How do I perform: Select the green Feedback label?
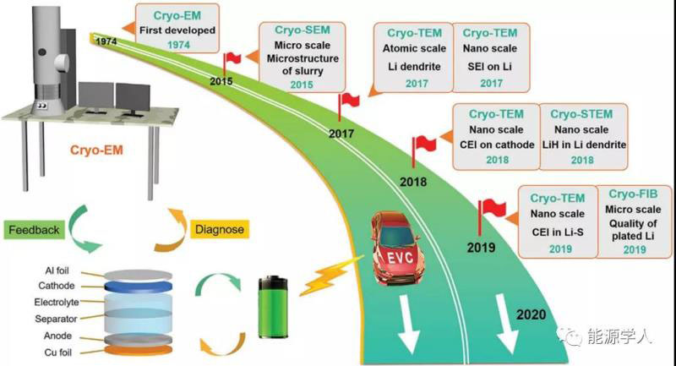[x=35, y=230]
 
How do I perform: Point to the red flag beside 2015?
[x=231, y=58]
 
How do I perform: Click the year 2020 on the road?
[x=533, y=315]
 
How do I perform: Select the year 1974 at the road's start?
[x=106, y=41]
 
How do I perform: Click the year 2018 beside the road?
[x=412, y=183]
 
